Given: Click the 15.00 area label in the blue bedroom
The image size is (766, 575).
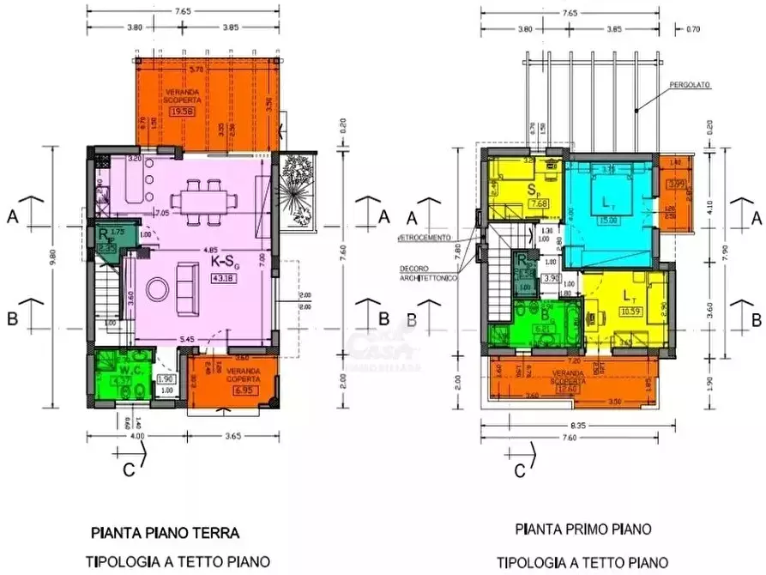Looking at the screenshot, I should [x=610, y=220].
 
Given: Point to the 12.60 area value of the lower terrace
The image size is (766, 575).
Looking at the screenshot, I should [x=568, y=389].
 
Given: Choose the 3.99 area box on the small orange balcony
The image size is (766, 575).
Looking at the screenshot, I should [x=675, y=183].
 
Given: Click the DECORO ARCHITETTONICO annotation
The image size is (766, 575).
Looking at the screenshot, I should [x=426, y=274].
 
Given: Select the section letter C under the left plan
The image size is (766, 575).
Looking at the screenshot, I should [x=129, y=469].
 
